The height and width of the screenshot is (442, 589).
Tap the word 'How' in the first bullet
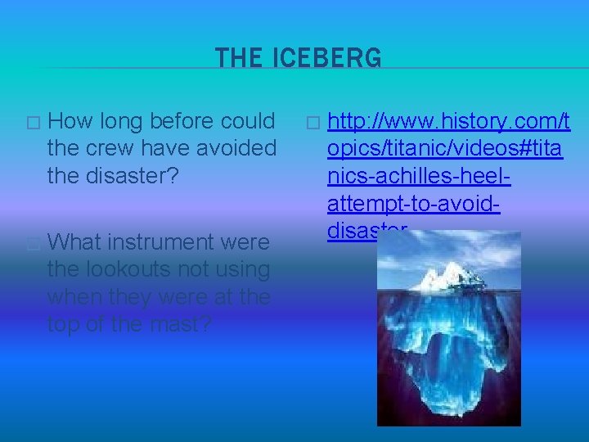71,122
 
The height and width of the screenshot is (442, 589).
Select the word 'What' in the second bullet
75,242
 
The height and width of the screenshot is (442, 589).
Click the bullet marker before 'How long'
32,124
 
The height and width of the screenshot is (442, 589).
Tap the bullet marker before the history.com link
311,124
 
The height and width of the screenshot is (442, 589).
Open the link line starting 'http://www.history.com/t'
448,123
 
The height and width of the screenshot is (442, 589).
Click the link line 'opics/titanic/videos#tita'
444,150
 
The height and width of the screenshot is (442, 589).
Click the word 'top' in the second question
64,324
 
